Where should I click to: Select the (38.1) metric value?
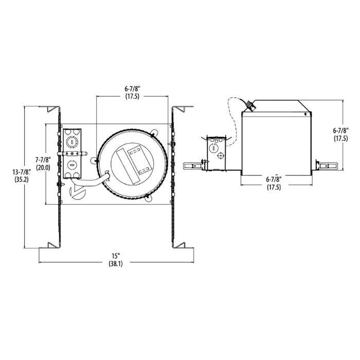(116, 264)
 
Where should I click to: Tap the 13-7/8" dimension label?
(22, 171)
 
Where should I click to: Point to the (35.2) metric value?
(22, 179)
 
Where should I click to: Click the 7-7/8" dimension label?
(43, 159)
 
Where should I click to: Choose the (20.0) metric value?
(43, 167)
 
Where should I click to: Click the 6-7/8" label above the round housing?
(132, 88)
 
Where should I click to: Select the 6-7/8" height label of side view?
(341, 131)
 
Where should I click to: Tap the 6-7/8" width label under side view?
(274, 179)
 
